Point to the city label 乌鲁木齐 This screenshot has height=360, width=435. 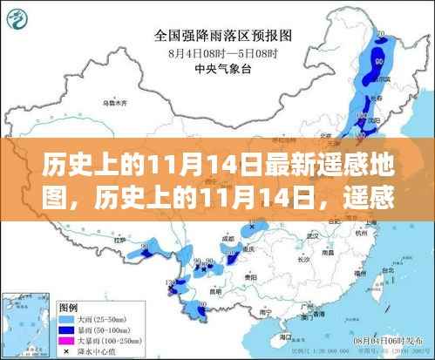point(114,105)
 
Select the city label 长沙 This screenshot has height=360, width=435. point(296,258)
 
